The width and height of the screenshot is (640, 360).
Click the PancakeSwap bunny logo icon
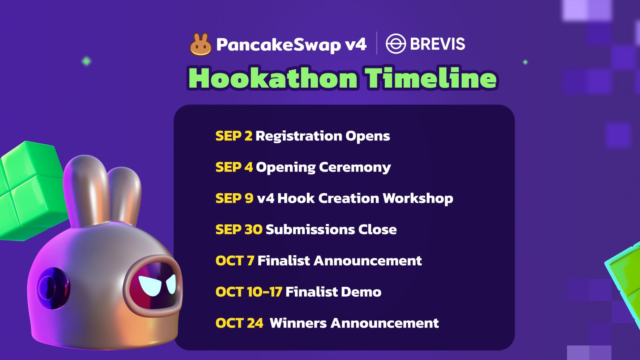click(x=200, y=44)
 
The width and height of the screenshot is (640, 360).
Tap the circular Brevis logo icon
click(x=396, y=44)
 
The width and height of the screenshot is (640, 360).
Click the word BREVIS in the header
click(x=438, y=44)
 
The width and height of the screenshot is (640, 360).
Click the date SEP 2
click(x=234, y=136)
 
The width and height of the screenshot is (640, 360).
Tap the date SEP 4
click(x=234, y=167)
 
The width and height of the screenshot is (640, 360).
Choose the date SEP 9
click(x=234, y=198)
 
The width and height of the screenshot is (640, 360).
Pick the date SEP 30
click(x=239, y=230)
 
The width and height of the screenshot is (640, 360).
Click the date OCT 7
click(x=235, y=260)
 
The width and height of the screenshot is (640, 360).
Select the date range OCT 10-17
click(x=249, y=292)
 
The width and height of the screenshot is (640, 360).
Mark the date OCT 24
click(x=240, y=323)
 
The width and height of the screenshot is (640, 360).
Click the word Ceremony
click(x=355, y=168)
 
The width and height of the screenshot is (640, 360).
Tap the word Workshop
click(x=418, y=199)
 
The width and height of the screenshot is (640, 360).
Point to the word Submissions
click(x=310, y=230)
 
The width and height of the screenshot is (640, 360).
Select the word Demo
click(x=361, y=292)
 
